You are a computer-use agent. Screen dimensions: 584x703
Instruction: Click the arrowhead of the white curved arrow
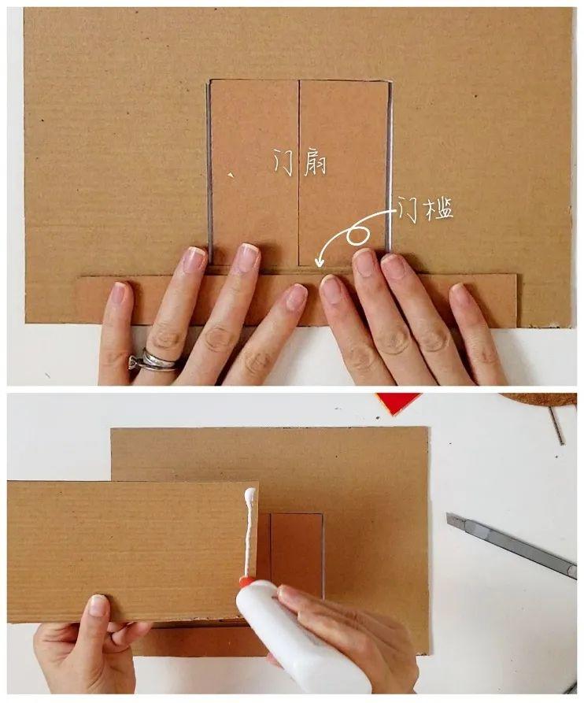320,261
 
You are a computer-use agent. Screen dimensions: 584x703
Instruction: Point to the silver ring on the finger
153,361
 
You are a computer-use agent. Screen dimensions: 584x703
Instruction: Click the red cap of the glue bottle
246,582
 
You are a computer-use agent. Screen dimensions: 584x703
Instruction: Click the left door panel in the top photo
254,172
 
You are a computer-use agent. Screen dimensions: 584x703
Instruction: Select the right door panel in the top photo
343,172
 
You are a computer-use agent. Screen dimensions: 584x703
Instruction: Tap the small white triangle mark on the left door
231,175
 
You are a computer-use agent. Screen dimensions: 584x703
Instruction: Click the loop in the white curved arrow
357,235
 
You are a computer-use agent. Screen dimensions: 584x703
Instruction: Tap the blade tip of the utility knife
448,516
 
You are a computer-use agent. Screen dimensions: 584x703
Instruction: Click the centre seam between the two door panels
298,172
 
